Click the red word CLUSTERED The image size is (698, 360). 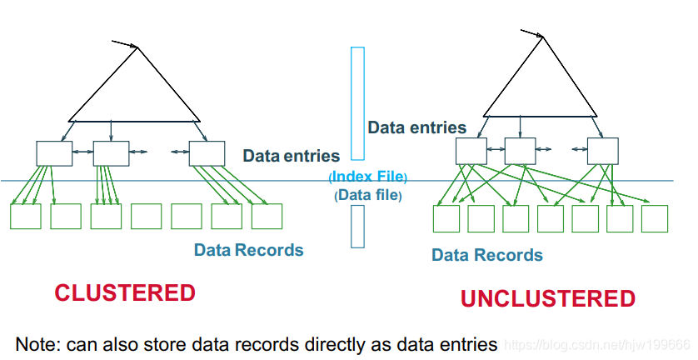pyautogui.click(x=125, y=293)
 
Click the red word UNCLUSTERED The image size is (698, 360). pyautogui.click(x=547, y=298)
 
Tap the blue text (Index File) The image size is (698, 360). pyautogui.click(x=368, y=177)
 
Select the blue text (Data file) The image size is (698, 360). pyautogui.click(x=368, y=196)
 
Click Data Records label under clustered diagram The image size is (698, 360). pyautogui.click(x=248, y=249)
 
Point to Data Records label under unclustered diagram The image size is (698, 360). pyautogui.click(x=487, y=254)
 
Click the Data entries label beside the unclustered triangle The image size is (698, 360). pyautogui.click(x=417, y=127)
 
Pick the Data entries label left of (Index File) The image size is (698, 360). pyautogui.click(x=291, y=156)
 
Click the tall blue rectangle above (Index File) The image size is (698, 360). pyautogui.click(x=357, y=102)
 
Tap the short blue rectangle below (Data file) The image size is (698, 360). pyautogui.click(x=357, y=226)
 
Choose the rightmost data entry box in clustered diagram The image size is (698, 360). pyautogui.click(x=207, y=152)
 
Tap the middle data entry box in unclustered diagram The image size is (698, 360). pyautogui.click(x=520, y=150)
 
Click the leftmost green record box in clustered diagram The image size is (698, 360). pyautogui.click(x=25, y=216)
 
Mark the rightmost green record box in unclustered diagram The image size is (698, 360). pyautogui.click(x=654, y=218)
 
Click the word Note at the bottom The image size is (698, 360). pyautogui.click(x=36, y=342)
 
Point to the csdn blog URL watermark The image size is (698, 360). pyautogui.click(x=599, y=344)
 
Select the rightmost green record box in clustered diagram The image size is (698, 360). pyautogui.click(x=267, y=216)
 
